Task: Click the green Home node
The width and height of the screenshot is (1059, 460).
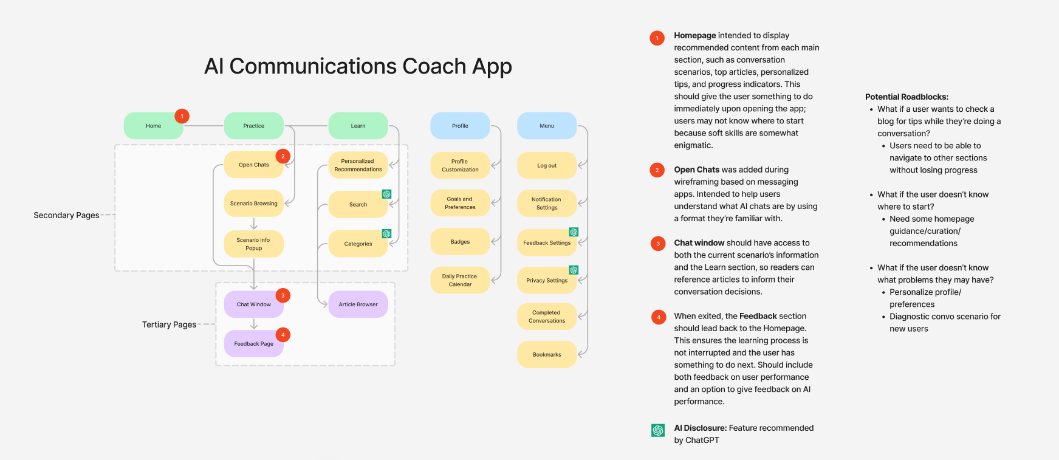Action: click(x=153, y=126)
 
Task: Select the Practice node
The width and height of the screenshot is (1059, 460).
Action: click(x=253, y=126)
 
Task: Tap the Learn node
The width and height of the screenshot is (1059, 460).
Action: click(x=358, y=126)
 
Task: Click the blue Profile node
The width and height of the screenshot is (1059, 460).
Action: click(x=460, y=126)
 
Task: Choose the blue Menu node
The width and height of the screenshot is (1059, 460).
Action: click(x=547, y=126)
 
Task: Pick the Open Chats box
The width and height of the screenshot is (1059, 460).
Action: click(x=253, y=165)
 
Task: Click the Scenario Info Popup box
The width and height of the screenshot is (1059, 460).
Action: click(x=253, y=244)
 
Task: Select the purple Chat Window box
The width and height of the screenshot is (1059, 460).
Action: click(x=253, y=304)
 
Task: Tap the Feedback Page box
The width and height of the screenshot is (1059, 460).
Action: click(x=253, y=343)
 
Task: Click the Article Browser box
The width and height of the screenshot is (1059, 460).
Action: click(x=358, y=304)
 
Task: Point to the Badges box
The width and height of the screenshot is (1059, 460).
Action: click(x=460, y=241)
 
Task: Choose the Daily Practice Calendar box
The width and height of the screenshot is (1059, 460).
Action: click(x=460, y=280)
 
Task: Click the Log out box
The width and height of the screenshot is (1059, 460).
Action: click(x=547, y=165)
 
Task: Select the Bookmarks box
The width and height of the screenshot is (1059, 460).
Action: click(x=547, y=354)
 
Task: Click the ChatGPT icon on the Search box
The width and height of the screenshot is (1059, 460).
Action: click(x=386, y=194)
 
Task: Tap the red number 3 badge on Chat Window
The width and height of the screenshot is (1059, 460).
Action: click(x=283, y=295)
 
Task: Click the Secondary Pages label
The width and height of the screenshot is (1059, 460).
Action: click(x=66, y=215)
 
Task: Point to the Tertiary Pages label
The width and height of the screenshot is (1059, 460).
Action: click(x=169, y=324)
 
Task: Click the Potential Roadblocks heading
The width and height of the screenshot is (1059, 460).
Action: click(x=906, y=97)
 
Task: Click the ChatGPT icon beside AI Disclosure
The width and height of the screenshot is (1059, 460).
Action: click(x=657, y=430)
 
